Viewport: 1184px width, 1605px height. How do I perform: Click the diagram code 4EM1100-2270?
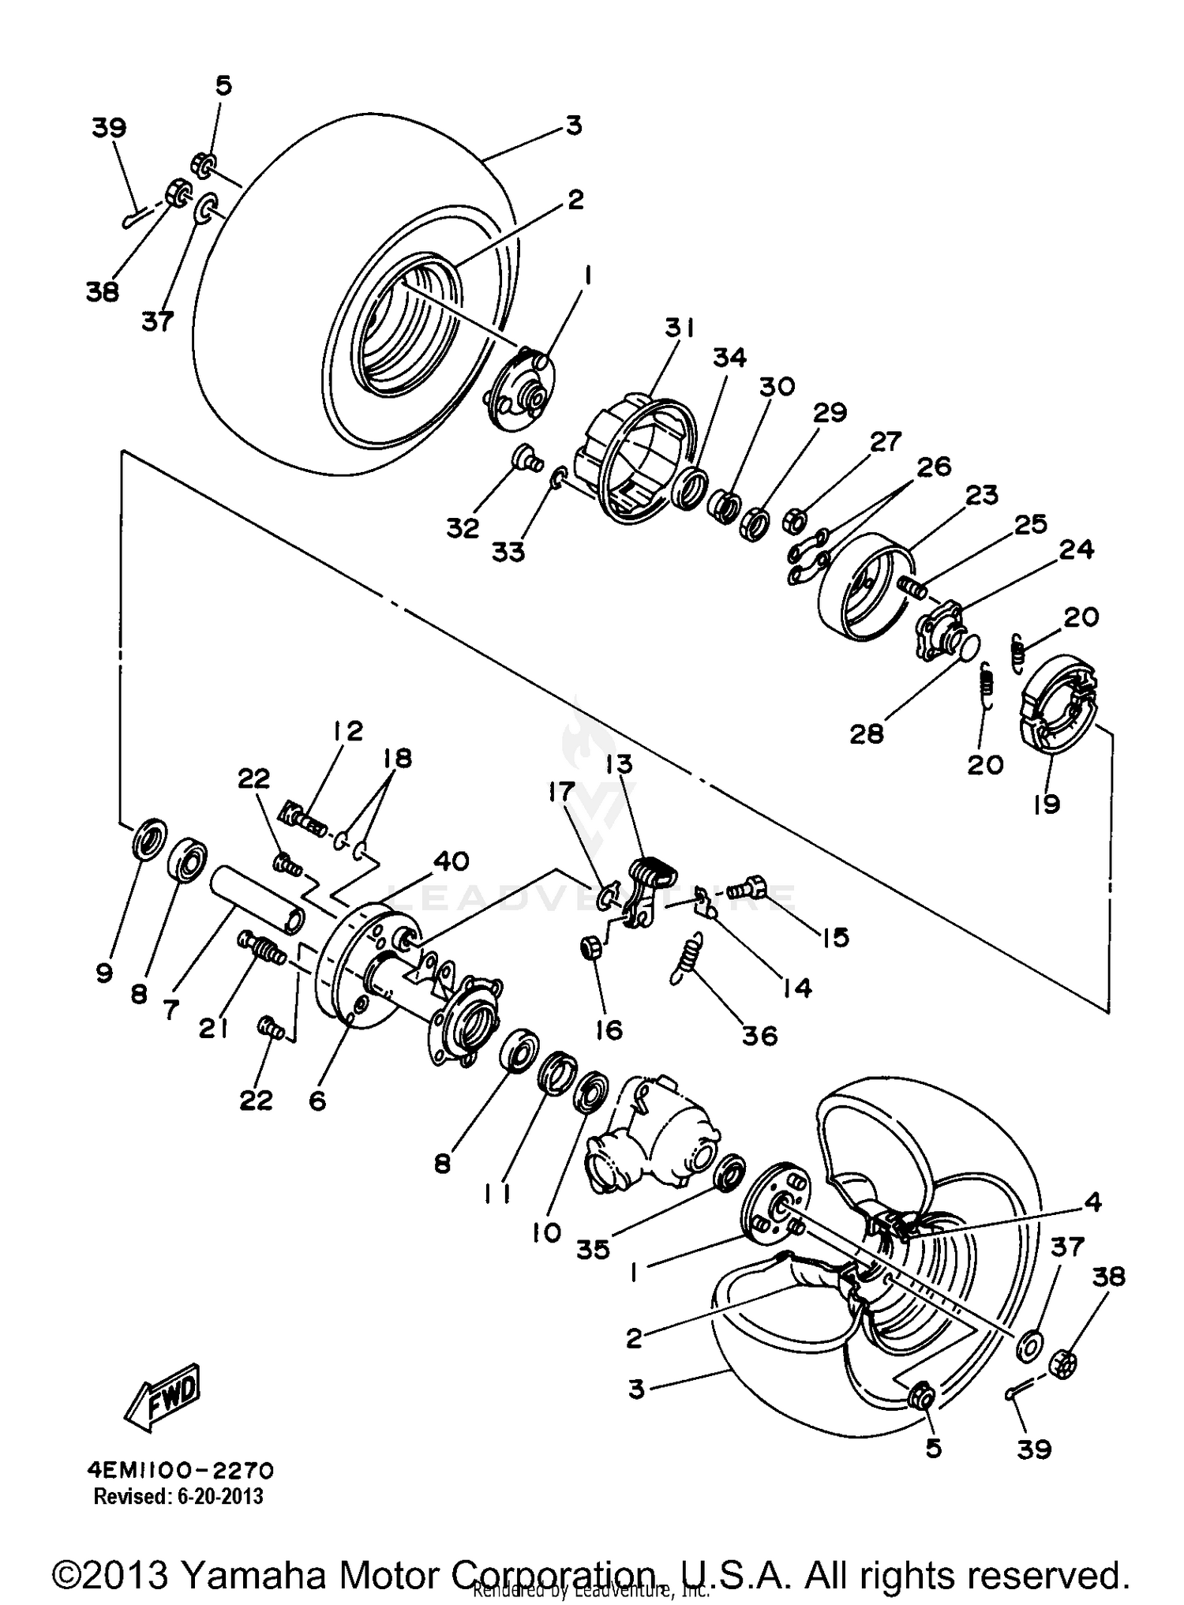(x=181, y=1470)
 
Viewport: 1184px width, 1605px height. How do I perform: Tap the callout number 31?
(x=678, y=328)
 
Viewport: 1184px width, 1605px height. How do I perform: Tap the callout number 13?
(x=620, y=765)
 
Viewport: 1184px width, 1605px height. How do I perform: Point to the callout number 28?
(x=866, y=734)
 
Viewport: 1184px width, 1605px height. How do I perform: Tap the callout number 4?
(x=1092, y=1202)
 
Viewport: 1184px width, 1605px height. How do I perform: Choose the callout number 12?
(x=347, y=730)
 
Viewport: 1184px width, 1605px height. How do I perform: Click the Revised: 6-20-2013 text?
(x=178, y=1496)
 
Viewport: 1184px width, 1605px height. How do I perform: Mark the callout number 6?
(x=317, y=1100)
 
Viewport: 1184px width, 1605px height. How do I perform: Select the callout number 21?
(x=214, y=1029)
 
